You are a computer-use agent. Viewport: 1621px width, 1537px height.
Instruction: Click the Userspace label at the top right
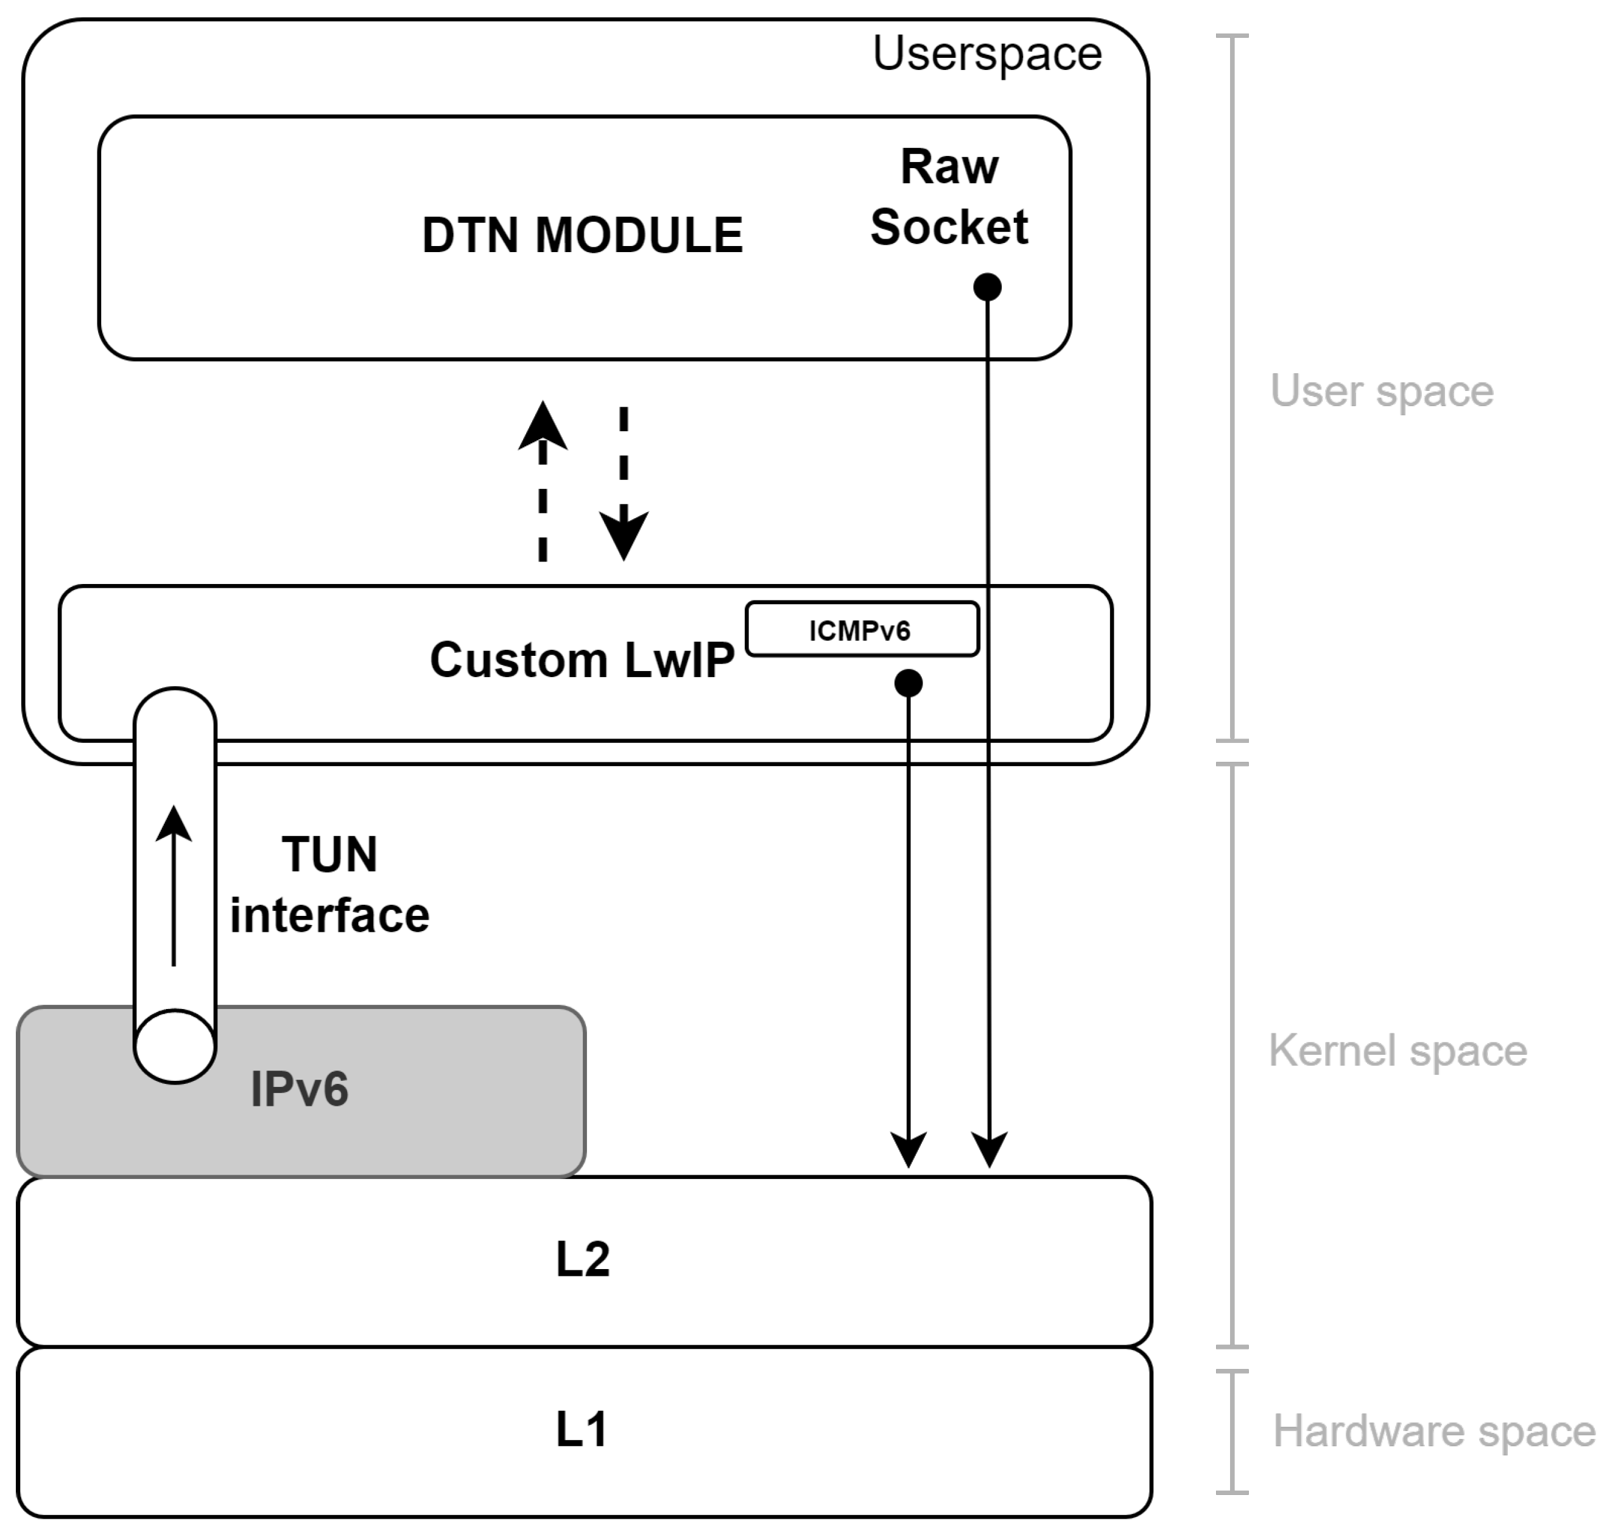click(x=986, y=54)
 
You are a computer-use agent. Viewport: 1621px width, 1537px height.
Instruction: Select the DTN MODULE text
click(x=582, y=235)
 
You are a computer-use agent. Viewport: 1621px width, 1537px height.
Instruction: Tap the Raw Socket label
click(x=949, y=197)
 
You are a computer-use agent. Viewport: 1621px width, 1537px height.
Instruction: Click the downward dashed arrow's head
click(x=624, y=534)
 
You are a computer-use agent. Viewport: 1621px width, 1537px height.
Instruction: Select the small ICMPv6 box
click(x=861, y=629)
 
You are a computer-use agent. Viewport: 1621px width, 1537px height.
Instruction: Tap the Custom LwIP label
click(x=581, y=659)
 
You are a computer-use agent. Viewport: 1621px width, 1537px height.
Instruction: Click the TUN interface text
click(x=329, y=884)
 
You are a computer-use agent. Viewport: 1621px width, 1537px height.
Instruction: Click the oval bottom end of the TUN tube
click(x=175, y=1046)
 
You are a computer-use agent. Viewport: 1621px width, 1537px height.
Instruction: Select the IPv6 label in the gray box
click(x=300, y=1089)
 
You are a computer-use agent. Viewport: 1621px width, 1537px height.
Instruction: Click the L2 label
click(x=582, y=1259)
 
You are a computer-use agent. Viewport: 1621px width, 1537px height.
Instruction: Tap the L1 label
click(x=582, y=1430)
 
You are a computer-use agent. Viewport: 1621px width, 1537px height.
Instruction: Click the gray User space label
click(x=1381, y=391)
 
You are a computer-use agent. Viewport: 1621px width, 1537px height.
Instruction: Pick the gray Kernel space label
click(x=1398, y=1050)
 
